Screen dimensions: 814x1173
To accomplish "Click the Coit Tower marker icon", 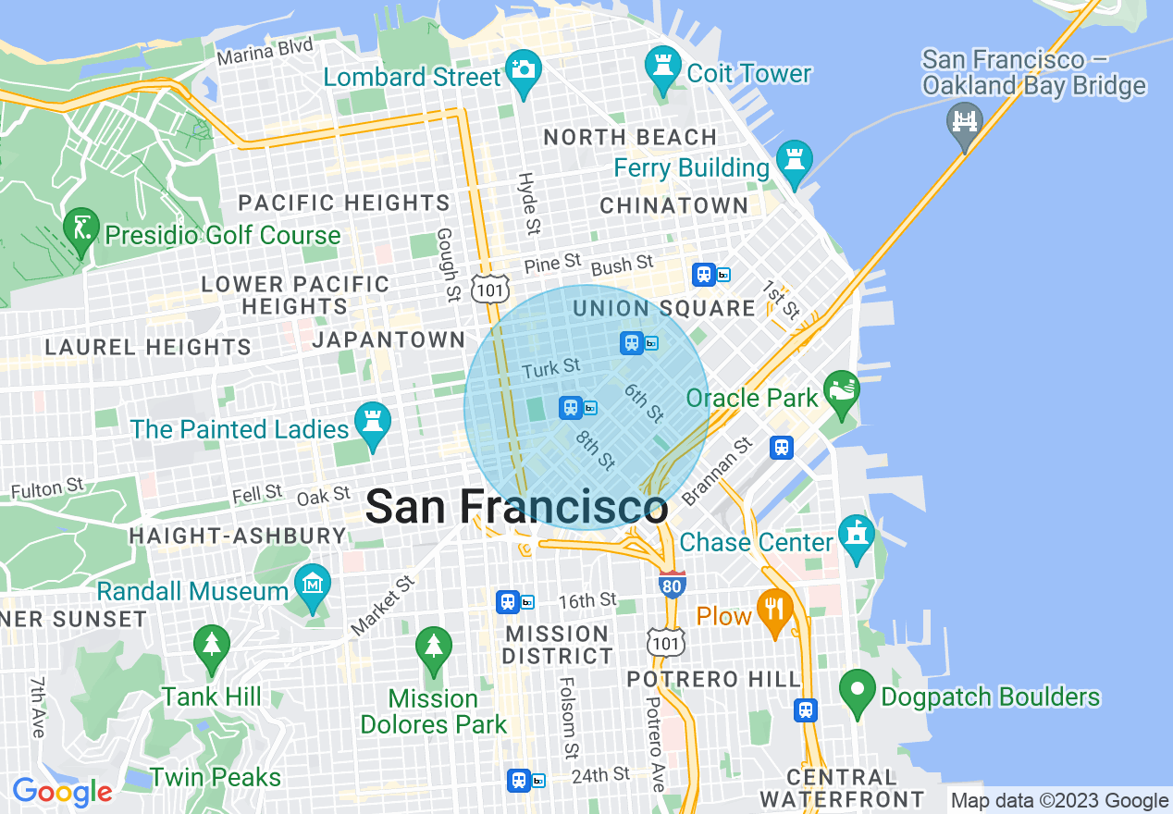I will (x=662, y=68).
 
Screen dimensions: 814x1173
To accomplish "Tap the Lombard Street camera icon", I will (x=524, y=71).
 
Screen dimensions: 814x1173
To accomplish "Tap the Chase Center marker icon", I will (x=857, y=536).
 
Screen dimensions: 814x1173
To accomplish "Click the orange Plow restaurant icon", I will (x=773, y=610).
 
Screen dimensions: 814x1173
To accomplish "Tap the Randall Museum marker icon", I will (x=313, y=585).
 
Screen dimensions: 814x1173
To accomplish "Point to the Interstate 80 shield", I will (x=673, y=585).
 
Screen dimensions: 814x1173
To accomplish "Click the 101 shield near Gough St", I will (x=488, y=289).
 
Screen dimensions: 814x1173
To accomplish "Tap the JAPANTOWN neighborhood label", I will (x=389, y=339).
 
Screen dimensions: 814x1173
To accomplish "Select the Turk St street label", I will (x=550, y=369).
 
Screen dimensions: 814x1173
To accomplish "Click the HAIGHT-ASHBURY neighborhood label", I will (x=238, y=536).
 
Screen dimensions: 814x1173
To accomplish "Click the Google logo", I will (x=62, y=792).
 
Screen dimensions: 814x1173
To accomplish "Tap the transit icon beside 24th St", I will (x=520, y=780).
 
